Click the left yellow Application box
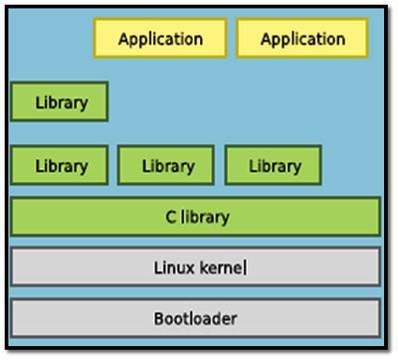160,40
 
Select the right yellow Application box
302,40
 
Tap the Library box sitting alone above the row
60,101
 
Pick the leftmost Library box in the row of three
60,165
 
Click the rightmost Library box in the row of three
274,165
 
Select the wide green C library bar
195,216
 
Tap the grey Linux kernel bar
195,267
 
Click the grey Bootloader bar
195,318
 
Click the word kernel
220,267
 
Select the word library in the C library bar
203,217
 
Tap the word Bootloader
195,319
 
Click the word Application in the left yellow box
160,40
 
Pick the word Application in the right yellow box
302,40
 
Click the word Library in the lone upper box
60,101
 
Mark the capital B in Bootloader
158,319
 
